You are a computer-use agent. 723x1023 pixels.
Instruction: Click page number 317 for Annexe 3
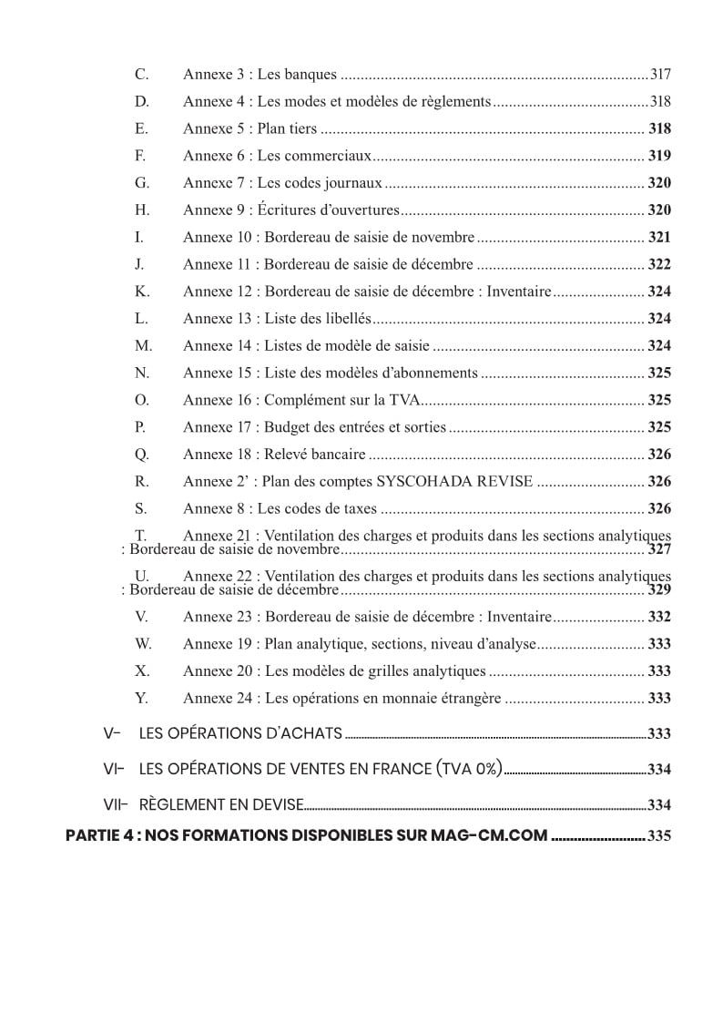660,75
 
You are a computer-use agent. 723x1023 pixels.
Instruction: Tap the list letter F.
140,156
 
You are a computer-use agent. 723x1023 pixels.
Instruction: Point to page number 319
659,156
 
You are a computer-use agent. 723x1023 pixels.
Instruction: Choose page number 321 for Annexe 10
659,238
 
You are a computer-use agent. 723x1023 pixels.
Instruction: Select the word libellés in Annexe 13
346,319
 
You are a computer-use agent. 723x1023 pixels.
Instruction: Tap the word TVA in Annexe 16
407,400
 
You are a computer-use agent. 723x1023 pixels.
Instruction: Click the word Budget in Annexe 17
286,427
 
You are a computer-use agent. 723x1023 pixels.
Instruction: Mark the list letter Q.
141,455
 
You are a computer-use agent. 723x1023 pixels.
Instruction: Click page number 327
659,549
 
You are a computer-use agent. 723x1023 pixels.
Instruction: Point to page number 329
659,590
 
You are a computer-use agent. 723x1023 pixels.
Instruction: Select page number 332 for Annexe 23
659,618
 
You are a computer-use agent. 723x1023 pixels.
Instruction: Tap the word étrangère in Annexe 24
470,699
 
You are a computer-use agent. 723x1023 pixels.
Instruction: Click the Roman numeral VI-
115,769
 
